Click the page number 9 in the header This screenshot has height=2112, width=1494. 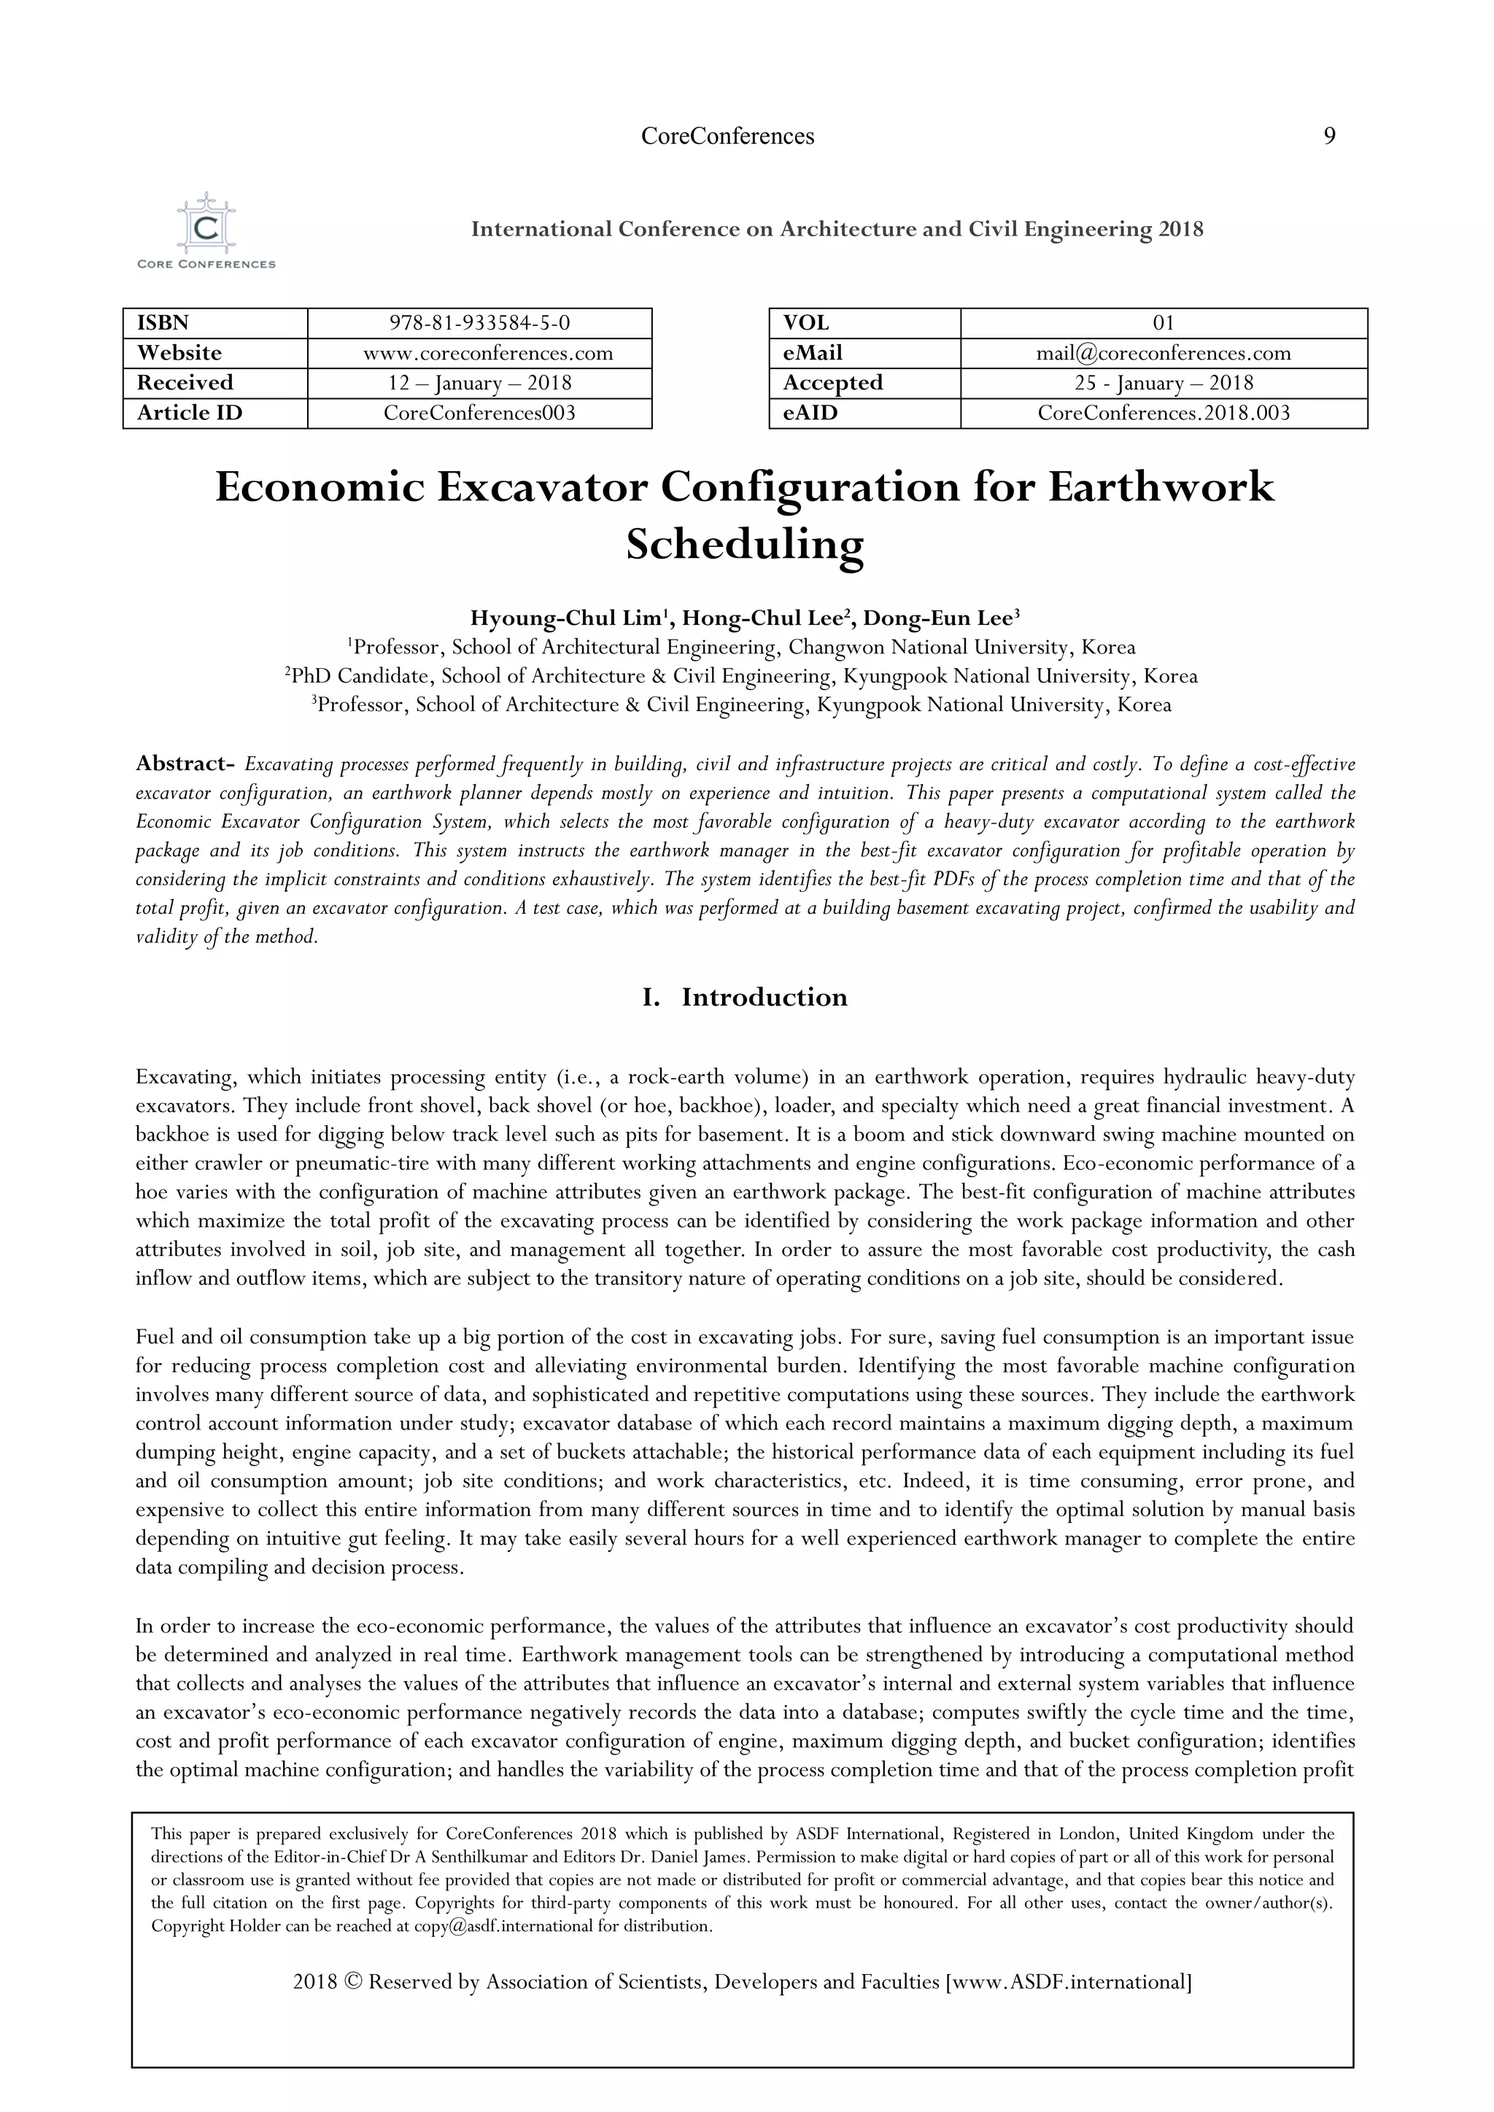[1328, 136]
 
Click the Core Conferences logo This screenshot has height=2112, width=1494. [206, 231]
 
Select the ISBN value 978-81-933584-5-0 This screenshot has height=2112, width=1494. [479, 323]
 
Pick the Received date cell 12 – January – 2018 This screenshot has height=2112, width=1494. [479, 383]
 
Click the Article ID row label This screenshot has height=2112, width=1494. [190, 413]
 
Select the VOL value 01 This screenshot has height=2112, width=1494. [1163, 323]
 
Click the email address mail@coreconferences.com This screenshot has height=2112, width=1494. [1163, 353]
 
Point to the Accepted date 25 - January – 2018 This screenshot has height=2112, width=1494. [1163, 383]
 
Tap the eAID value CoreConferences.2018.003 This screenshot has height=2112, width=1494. [1163, 413]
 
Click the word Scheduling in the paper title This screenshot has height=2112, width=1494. [744, 545]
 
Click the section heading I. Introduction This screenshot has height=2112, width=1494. [744, 997]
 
